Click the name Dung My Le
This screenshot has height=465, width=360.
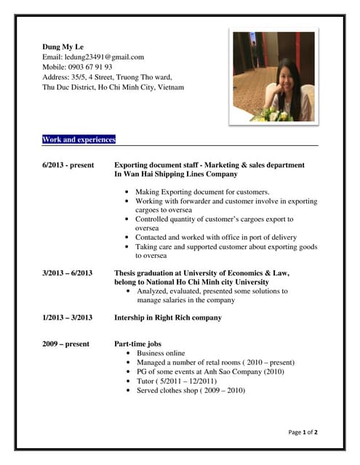point(63,46)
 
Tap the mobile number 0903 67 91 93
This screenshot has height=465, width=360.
point(88,67)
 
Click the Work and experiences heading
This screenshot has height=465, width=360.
point(79,139)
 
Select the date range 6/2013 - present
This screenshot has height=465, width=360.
point(68,165)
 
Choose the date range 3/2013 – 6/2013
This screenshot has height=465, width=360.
point(68,273)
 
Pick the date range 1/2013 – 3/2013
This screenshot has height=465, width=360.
point(68,318)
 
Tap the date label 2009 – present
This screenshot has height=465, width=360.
point(66,344)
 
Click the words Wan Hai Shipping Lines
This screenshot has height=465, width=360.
point(164,174)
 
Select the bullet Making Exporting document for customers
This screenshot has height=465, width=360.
point(202,192)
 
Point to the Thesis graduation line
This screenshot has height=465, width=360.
point(201,273)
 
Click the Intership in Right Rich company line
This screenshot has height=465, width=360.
point(168,318)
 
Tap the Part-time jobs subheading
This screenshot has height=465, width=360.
point(138,344)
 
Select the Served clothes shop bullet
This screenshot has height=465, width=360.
point(191,390)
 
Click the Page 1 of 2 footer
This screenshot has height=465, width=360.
point(303,432)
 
